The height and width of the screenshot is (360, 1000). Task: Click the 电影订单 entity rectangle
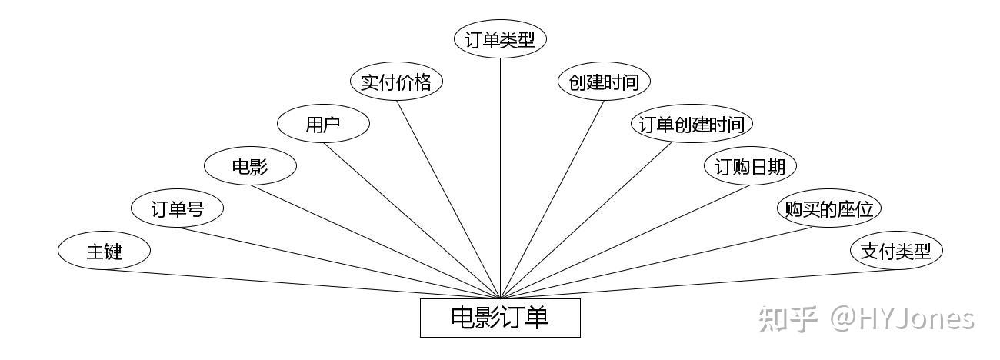click(500, 318)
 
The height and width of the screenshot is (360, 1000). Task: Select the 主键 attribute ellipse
click(104, 251)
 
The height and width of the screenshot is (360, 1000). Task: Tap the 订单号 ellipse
click(177, 208)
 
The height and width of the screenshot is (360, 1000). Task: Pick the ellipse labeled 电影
click(251, 165)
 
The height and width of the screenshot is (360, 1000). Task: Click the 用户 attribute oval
click(323, 124)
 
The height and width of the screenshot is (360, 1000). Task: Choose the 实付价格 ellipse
click(396, 82)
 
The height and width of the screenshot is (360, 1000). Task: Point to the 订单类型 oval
click(500, 39)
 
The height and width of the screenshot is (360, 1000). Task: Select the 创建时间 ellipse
click(604, 82)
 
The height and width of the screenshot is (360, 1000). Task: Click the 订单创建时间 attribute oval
click(692, 124)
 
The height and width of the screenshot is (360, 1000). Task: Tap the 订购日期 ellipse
click(751, 165)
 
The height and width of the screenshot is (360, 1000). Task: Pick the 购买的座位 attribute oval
click(829, 208)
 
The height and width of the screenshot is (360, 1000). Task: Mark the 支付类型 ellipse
click(896, 251)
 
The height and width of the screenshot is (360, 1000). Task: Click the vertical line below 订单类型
click(500, 178)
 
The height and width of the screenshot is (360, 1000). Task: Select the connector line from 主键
click(302, 284)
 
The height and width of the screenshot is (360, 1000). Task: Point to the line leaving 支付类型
click(698, 284)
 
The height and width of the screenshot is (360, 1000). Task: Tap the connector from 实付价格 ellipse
click(448, 200)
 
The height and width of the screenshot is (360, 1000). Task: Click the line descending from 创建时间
click(552, 200)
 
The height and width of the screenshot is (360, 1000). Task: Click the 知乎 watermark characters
click(788, 319)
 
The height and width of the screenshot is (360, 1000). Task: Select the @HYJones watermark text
click(902, 319)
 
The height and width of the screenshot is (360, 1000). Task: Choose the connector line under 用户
click(412, 221)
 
